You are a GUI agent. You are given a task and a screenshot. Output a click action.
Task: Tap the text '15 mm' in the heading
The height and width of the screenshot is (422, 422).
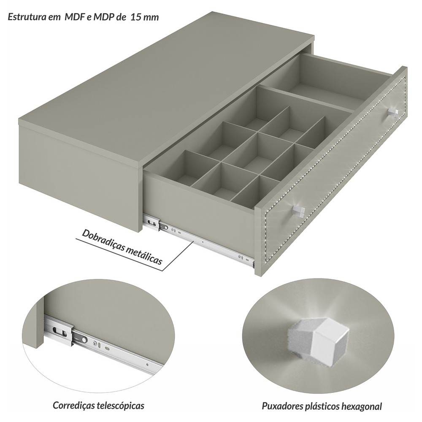coord(145,17)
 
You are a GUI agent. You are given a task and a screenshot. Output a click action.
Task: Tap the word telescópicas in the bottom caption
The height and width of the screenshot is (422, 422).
coord(122,406)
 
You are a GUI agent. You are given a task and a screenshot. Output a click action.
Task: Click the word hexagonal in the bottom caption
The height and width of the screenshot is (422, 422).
coord(362,406)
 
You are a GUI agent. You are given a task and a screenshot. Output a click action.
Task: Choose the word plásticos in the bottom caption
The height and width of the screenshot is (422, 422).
coord(322,406)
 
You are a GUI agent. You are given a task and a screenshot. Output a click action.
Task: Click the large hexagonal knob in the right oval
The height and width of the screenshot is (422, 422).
coord(318,340)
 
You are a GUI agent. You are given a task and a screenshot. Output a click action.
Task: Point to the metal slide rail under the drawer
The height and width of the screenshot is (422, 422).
coord(199,241)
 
